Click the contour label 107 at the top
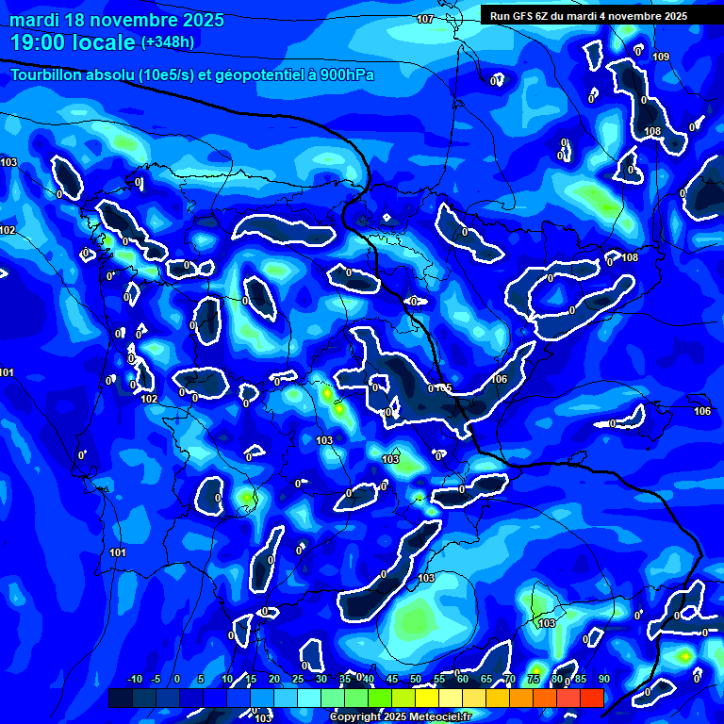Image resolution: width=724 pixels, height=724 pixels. (x=425, y=20)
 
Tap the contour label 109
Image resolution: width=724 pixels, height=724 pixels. (x=661, y=58)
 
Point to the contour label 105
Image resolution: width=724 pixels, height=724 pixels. (x=443, y=388)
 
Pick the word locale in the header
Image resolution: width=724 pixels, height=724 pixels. (x=110, y=43)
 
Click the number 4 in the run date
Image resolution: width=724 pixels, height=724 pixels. (x=613, y=16)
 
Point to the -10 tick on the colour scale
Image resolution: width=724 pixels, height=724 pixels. (x=134, y=680)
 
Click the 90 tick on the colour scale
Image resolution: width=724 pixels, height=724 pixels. (x=603, y=680)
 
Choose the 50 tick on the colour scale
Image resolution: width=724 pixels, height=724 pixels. (x=416, y=680)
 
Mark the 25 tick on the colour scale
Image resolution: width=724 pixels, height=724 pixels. (x=298, y=680)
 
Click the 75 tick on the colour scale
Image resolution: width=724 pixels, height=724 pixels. (x=534, y=680)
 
